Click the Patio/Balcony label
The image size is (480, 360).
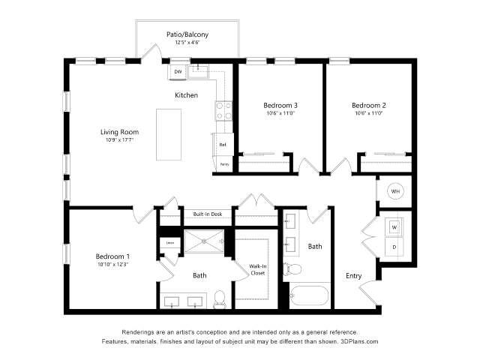(187, 34)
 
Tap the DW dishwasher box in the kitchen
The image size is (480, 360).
(178, 72)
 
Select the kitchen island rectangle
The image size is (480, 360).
(169, 134)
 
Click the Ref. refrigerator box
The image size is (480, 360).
(223, 144)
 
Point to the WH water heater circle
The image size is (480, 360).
(394, 192)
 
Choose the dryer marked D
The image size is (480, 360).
(394, 247)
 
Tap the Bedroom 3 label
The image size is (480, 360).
(280, 105)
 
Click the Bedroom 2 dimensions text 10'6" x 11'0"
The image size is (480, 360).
(369, 114)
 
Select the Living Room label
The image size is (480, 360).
(120, 132)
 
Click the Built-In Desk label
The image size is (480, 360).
(207, 214)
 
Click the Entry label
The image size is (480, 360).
(353, 276)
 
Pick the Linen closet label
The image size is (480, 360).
(169, 242)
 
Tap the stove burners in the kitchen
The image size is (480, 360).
(223, 111)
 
